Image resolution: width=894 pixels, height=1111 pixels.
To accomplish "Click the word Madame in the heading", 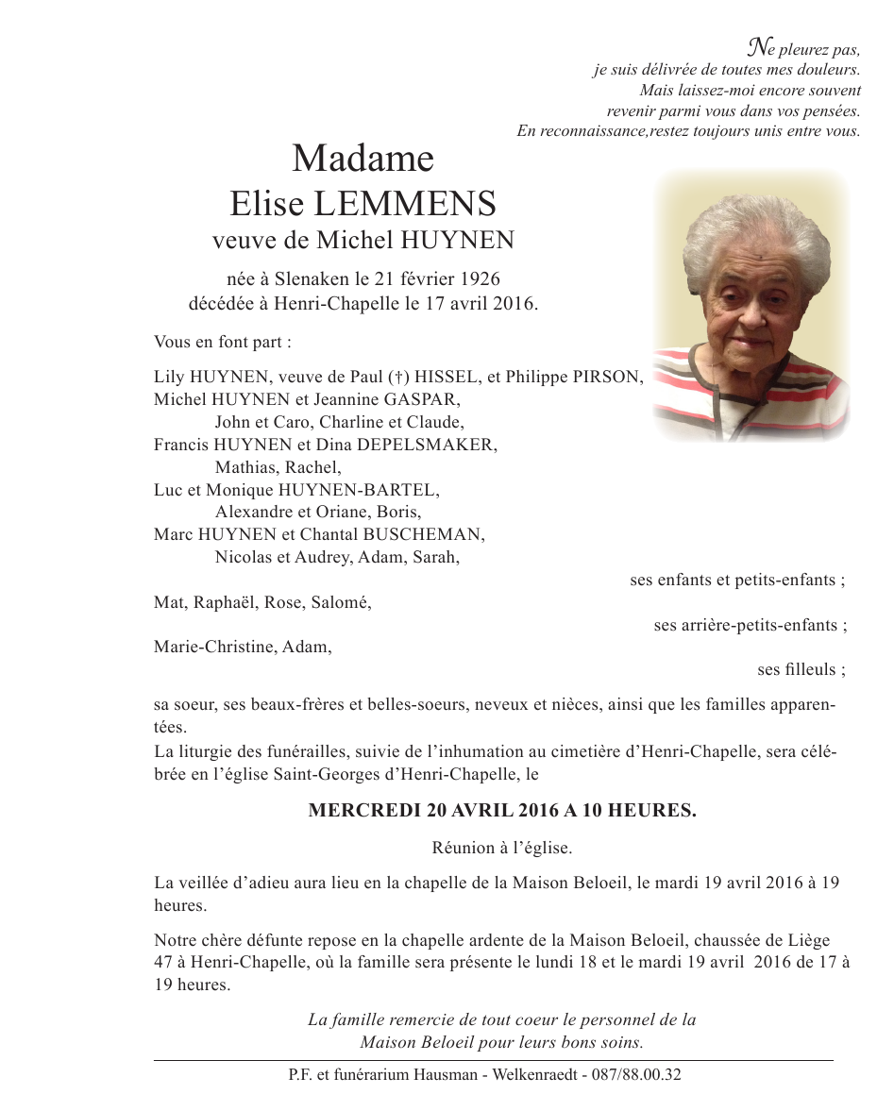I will (x=363, y=159).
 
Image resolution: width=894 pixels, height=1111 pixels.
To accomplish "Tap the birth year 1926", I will (x=480, y=278).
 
